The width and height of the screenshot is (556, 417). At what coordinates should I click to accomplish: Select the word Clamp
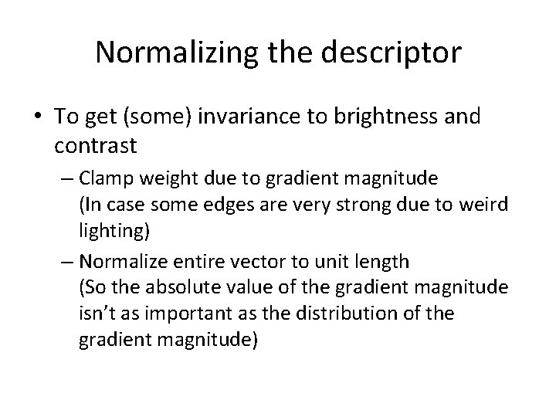105,179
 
